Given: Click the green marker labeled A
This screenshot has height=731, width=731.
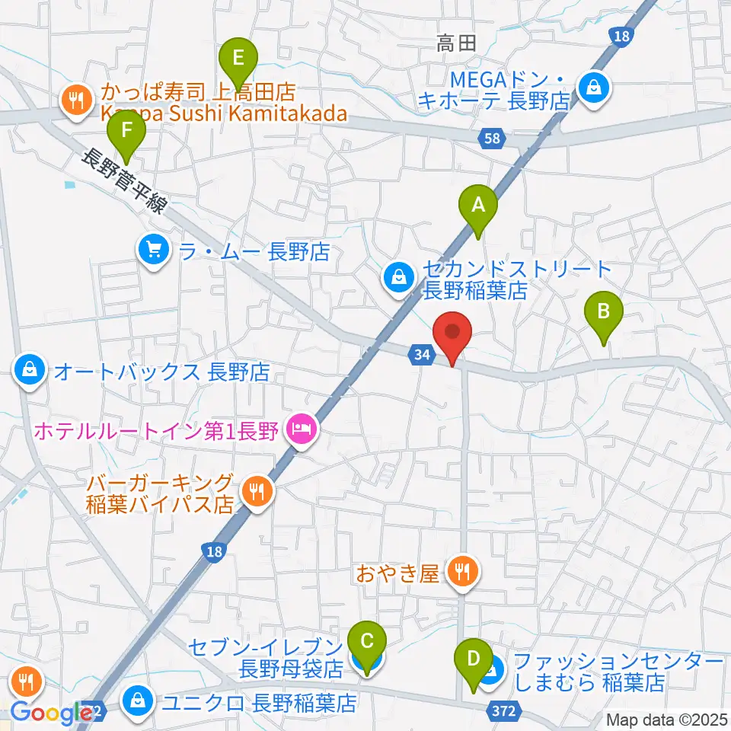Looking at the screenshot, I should click(477, 204).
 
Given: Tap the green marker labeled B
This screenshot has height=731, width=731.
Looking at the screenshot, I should click(603, 311).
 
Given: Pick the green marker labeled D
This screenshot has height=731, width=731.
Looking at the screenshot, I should click(473, 659).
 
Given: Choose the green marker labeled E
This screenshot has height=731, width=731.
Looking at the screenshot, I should click(239, 57).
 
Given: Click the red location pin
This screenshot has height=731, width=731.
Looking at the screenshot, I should click(452, 333).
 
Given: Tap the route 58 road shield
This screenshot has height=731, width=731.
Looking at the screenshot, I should click(492, 138).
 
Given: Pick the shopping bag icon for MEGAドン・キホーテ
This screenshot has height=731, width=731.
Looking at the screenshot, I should click(592, 87).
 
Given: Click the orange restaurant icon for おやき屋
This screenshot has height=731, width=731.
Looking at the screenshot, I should click(462, 571).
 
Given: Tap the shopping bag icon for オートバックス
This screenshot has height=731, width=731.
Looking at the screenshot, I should click(28, 372).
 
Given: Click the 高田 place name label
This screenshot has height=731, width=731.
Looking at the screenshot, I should click(456, 43).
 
